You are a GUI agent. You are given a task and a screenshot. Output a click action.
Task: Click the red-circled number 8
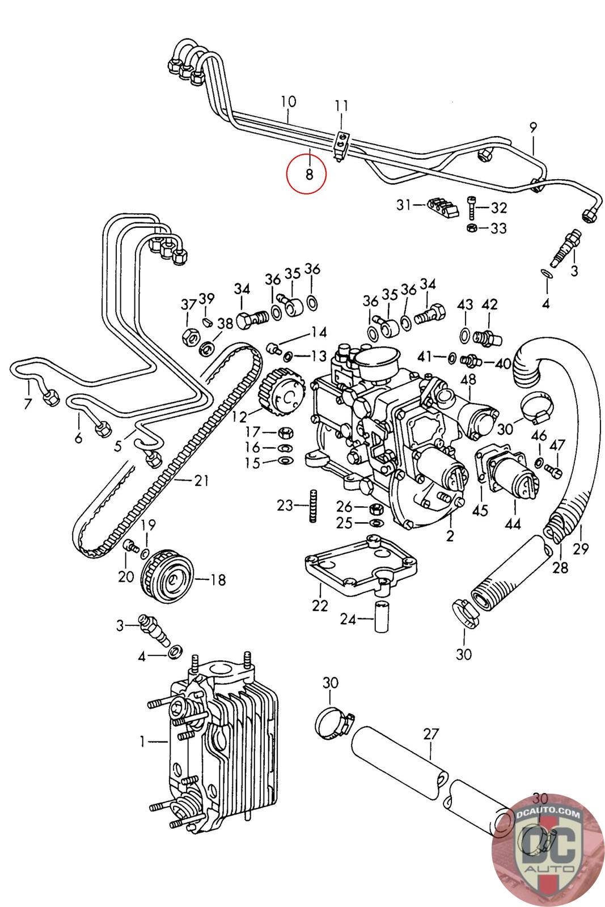[309, 173]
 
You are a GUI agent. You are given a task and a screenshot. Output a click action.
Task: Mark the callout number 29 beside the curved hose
[581, 548]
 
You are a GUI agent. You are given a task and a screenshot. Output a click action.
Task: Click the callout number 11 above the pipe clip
[341, 106]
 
